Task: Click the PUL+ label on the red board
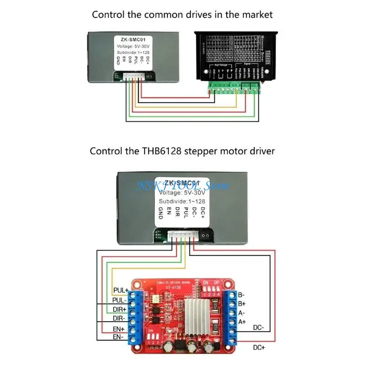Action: tap(120, 290)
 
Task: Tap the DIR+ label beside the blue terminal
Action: tap(120, 309)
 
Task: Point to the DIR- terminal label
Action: tap(120, 318)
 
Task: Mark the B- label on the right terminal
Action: tap(242, 295)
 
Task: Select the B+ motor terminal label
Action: tap(242, 304)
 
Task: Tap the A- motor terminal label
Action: tap(242, 313)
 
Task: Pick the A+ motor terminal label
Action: tap(242, 322)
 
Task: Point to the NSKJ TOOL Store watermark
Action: tap(184, 185)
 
